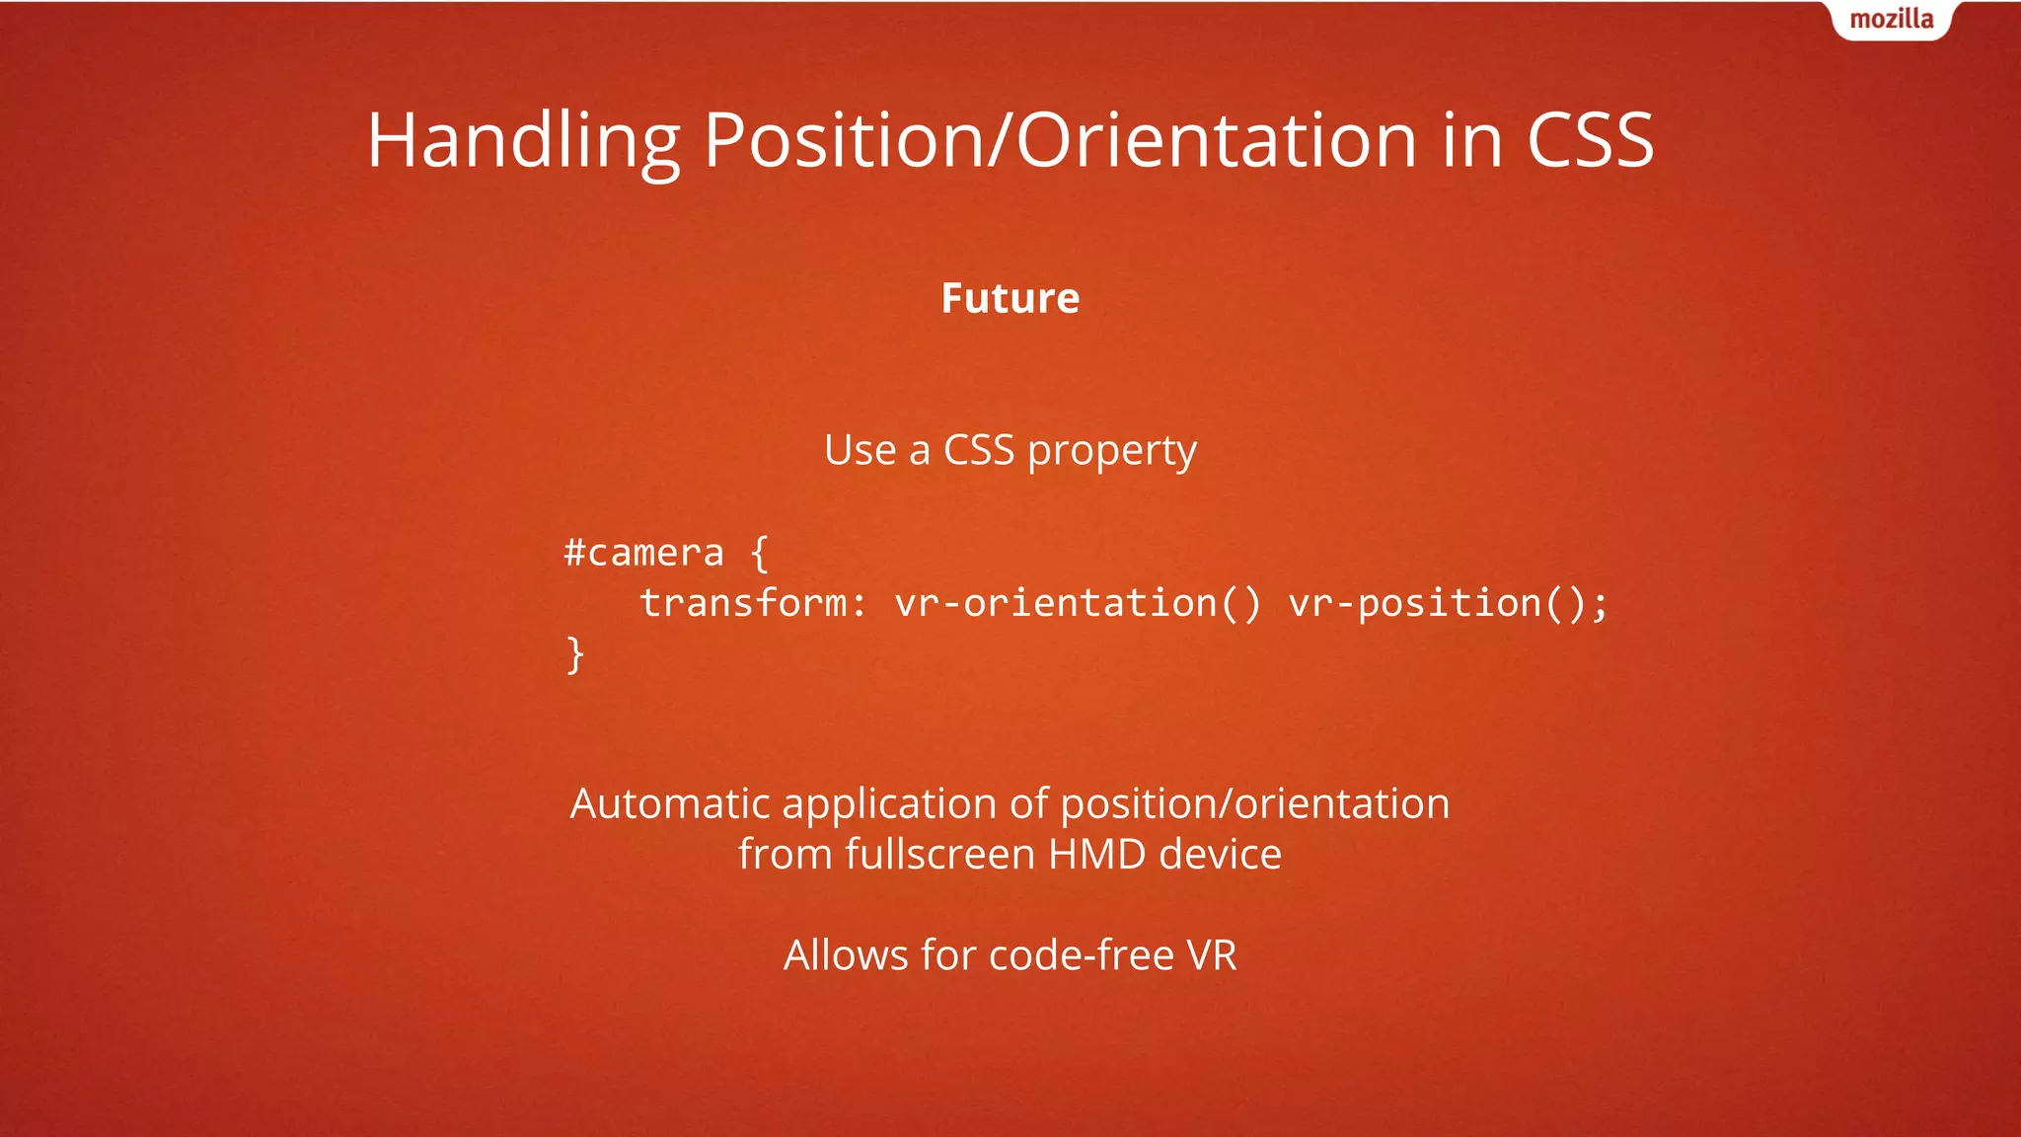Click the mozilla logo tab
coord(1891,20)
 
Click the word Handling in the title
coord(523,141)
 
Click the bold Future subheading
coord(1010,298)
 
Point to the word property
coord(1111,452)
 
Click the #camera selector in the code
coord(643,553)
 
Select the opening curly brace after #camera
coord(759,553)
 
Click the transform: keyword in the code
coord(753,603)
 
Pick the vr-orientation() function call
coord(1078,603)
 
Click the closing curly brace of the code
coord(575,654)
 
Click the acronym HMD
coord(1096,855)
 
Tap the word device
coord(1220,855)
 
